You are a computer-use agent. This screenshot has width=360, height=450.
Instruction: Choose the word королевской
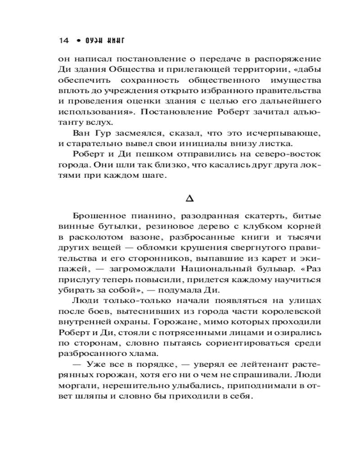(290, 312)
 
